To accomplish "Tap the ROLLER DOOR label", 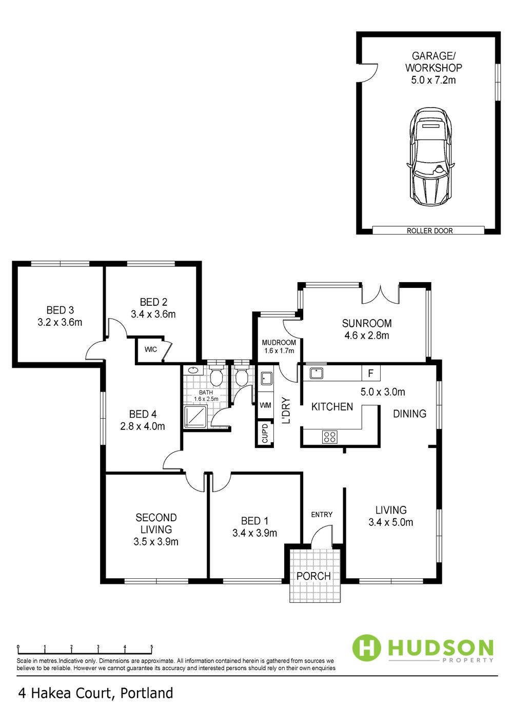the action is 430,231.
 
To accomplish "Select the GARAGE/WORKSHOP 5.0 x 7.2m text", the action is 433,68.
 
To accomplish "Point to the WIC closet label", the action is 151,349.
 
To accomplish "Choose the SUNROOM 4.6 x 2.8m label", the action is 367,329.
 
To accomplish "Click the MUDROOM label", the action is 279,343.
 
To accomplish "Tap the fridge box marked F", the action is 371,374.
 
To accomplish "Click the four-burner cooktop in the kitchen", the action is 330,437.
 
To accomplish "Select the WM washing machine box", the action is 265,405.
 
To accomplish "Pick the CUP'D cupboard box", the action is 265,434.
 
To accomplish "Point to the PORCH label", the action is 313,576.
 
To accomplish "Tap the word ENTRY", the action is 322,515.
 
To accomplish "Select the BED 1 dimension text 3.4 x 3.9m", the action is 255,533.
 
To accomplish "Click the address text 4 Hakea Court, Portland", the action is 96,693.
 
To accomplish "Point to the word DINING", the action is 409,414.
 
